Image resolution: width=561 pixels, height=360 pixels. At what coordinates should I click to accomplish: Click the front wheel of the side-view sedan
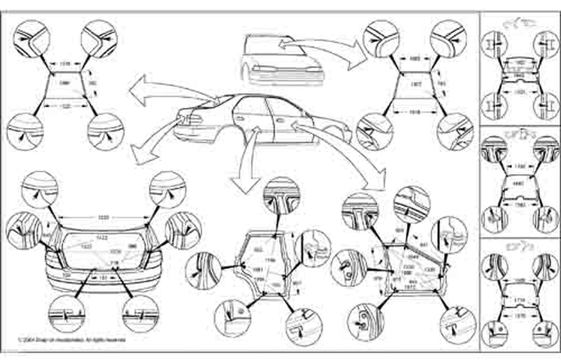click(x=334, y=134)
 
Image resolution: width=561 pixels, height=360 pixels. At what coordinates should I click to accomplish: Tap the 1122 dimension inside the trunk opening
click(x=102, y=237)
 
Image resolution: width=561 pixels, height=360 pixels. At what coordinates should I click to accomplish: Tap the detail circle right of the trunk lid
click(x=183, y=231)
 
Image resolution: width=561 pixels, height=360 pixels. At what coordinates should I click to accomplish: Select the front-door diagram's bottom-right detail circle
click(x=457, y=322)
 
